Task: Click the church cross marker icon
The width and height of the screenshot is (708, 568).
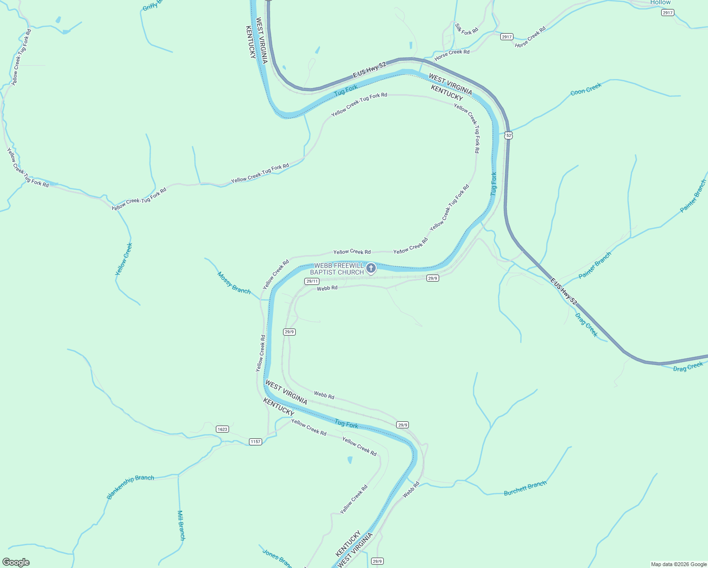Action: pos(371,268)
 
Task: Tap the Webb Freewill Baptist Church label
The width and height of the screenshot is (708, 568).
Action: pos(337,269)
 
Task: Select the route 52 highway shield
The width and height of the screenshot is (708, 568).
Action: pos(508,135)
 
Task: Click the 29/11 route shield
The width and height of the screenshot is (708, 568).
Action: pos(311,281)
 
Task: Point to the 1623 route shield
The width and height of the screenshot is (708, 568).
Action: pos(222,429)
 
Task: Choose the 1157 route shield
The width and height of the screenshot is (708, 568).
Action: pos(256,442)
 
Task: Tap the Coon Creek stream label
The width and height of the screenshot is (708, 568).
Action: pos(586,89)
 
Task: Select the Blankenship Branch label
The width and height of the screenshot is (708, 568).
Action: pos(131,487)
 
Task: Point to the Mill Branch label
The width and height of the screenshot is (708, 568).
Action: pos(181,525)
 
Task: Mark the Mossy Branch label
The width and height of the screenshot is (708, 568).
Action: pos(234,283)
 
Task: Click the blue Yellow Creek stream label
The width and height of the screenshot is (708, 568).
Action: pos(124,259)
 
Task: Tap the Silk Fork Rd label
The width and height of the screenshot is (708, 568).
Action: pos(467,28)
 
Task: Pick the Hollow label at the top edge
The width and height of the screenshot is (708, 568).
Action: pos(660,3)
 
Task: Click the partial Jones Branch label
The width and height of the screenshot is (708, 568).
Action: pos(276,557)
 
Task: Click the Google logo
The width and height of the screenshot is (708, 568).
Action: pos(16,562)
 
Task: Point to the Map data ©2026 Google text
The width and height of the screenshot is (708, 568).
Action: pos(679,564)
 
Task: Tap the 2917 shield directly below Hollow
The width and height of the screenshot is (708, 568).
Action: pos(667,13)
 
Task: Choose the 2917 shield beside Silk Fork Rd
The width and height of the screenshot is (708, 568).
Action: pos(506,37)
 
